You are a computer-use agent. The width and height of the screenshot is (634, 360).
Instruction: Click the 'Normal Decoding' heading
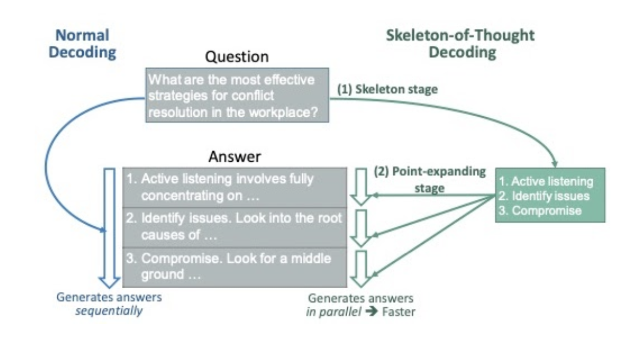(x=82, y=44)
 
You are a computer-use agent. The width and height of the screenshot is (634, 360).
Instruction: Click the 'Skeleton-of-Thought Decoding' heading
(x=460, y=44)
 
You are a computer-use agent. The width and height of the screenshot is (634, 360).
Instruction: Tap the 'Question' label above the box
(x=237, y=56)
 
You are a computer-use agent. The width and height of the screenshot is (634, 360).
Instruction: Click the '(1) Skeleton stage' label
(x=387, y=89)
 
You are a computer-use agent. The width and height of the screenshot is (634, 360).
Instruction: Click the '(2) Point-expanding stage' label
(x=429, y=179)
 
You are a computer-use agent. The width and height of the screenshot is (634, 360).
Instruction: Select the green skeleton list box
(x=550, y=195)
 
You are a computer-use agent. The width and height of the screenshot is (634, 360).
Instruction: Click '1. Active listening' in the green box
(x=546, y=181)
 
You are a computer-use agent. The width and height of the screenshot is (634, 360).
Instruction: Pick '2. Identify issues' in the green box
(x=545, y=196)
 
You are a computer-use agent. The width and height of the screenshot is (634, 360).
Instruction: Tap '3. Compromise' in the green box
(x=540, y=210)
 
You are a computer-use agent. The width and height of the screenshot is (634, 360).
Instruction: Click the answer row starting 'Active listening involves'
(x=235, y=187)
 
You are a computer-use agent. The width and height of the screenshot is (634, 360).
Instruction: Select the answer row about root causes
(x=235, y=226)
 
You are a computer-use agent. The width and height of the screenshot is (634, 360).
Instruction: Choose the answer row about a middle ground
(x=235, y=266)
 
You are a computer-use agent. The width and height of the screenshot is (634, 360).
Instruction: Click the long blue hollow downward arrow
(x=109, y=227)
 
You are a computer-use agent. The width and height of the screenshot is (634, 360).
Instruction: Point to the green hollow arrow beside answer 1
(x=361, y=186)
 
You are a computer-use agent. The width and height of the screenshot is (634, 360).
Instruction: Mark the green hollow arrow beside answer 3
(x=361, y=269)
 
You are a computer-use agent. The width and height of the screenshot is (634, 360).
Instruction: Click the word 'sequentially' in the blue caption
(x=109, y=311)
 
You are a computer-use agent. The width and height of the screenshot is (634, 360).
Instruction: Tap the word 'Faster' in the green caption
(x=398, y=311)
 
